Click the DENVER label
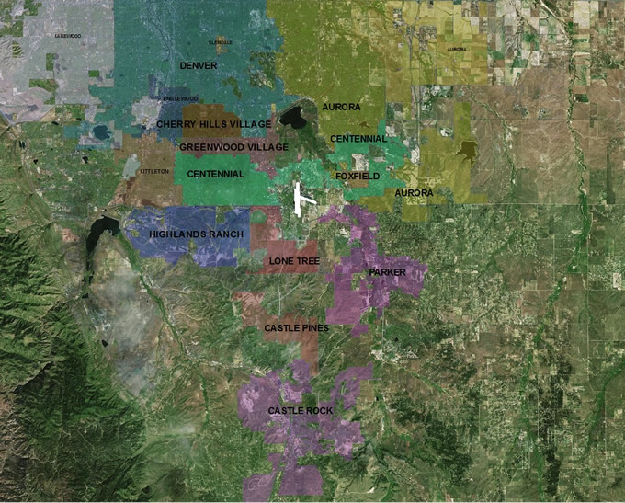[199, 66]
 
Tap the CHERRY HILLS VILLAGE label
[213, 123]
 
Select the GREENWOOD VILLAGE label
[233, 147]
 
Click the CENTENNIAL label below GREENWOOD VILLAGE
[215, 174]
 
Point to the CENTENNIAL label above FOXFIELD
[358, 139]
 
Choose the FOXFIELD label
[358, 175]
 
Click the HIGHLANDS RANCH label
[196, 234]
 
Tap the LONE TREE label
[293, 261]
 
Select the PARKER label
[386, 273]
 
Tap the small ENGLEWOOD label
[180, 98]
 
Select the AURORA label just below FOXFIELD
[413, 193]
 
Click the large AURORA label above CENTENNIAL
[341, 108]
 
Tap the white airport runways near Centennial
[301, 199]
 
